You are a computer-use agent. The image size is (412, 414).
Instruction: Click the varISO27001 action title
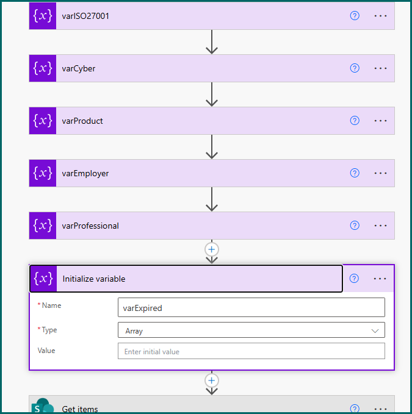click(85, 16)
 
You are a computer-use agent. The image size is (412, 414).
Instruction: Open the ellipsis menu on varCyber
click(380, 68)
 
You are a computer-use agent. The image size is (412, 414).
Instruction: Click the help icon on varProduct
click(355, 121)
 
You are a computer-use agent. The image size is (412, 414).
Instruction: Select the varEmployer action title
click(85, 174)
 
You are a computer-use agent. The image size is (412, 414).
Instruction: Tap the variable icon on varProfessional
click(43, 226)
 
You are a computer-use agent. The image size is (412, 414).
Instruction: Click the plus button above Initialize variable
click(211, 249)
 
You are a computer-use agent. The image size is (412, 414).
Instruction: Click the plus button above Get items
click(211, 380)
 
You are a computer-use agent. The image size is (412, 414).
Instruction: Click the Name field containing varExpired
click(251, 307)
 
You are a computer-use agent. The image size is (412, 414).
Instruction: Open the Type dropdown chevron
click(375, 331)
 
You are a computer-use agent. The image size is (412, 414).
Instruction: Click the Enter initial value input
click(251, 351)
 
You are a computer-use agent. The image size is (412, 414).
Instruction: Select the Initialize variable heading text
click(94, 279)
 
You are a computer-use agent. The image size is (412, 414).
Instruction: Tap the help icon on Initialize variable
click(354, 279)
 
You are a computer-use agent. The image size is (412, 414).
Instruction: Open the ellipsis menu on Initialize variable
click(380, 279)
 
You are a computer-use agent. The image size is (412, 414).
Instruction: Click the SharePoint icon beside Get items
click(43, 405)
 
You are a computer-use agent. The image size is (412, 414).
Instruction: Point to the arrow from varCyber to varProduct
click(212, 95)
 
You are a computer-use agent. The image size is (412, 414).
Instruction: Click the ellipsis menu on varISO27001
click(380, 16)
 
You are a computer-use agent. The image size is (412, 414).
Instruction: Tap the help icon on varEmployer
click(355, 173)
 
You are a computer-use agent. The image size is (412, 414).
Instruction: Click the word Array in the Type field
click(134, 331)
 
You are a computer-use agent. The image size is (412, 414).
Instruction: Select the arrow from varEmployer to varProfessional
click(212, 199)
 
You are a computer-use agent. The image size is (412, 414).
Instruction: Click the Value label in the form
click(46, 351)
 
